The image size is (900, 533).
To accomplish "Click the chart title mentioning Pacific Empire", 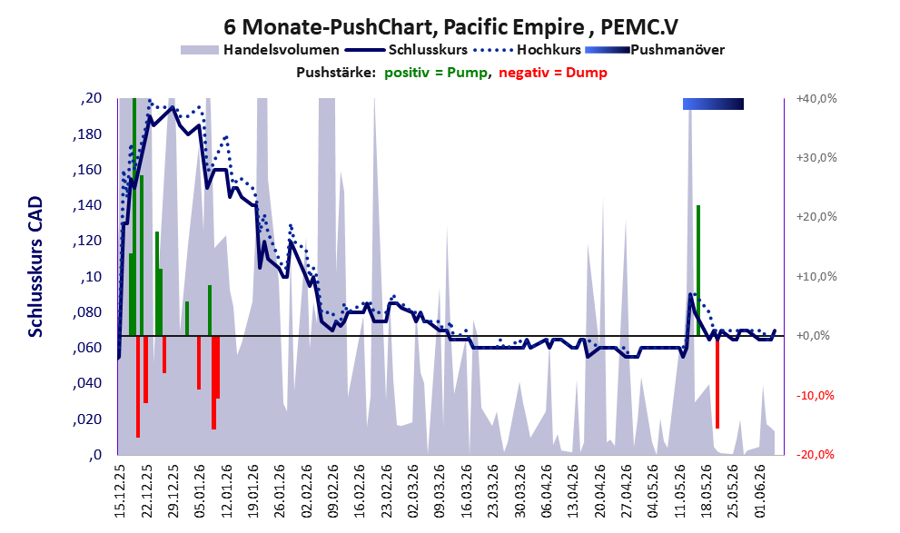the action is tap(450, 26).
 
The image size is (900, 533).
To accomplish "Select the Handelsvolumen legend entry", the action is tap(260, 50).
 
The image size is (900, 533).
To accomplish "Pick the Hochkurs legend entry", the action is tap(528, 50).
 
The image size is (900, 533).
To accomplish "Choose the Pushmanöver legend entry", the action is tap(655, 50).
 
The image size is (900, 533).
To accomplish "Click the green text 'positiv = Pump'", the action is tap(436, 73).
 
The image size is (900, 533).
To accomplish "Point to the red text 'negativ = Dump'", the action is tap(553, 73).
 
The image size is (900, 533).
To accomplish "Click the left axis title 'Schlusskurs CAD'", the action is tap(35, 267).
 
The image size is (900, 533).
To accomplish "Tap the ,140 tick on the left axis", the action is tap(87, 205).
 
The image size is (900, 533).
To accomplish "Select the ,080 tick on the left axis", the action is tap(87, 312).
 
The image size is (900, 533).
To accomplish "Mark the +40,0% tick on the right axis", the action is tap(816, 99).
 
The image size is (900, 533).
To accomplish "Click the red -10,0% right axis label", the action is tap(815, 395).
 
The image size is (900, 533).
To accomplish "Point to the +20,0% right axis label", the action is tap(816, 217).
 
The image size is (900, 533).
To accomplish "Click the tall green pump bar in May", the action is tap(698, 271).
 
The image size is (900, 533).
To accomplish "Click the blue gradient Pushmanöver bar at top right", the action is tap(713, 104).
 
